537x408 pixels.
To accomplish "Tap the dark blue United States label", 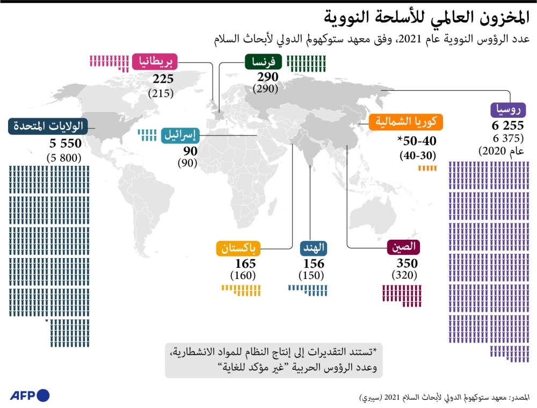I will click(47, 127).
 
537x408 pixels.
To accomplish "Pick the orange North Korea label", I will click(407, 122).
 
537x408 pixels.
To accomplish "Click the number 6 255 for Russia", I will click(507, 125).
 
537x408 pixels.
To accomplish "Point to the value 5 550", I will click(65, 144).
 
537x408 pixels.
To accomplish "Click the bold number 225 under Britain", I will click(162, 80).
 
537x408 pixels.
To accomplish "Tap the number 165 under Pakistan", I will click(245, 264).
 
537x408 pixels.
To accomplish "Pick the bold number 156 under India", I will click(314, 264).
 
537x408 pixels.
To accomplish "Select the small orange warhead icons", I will click(427, 168).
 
